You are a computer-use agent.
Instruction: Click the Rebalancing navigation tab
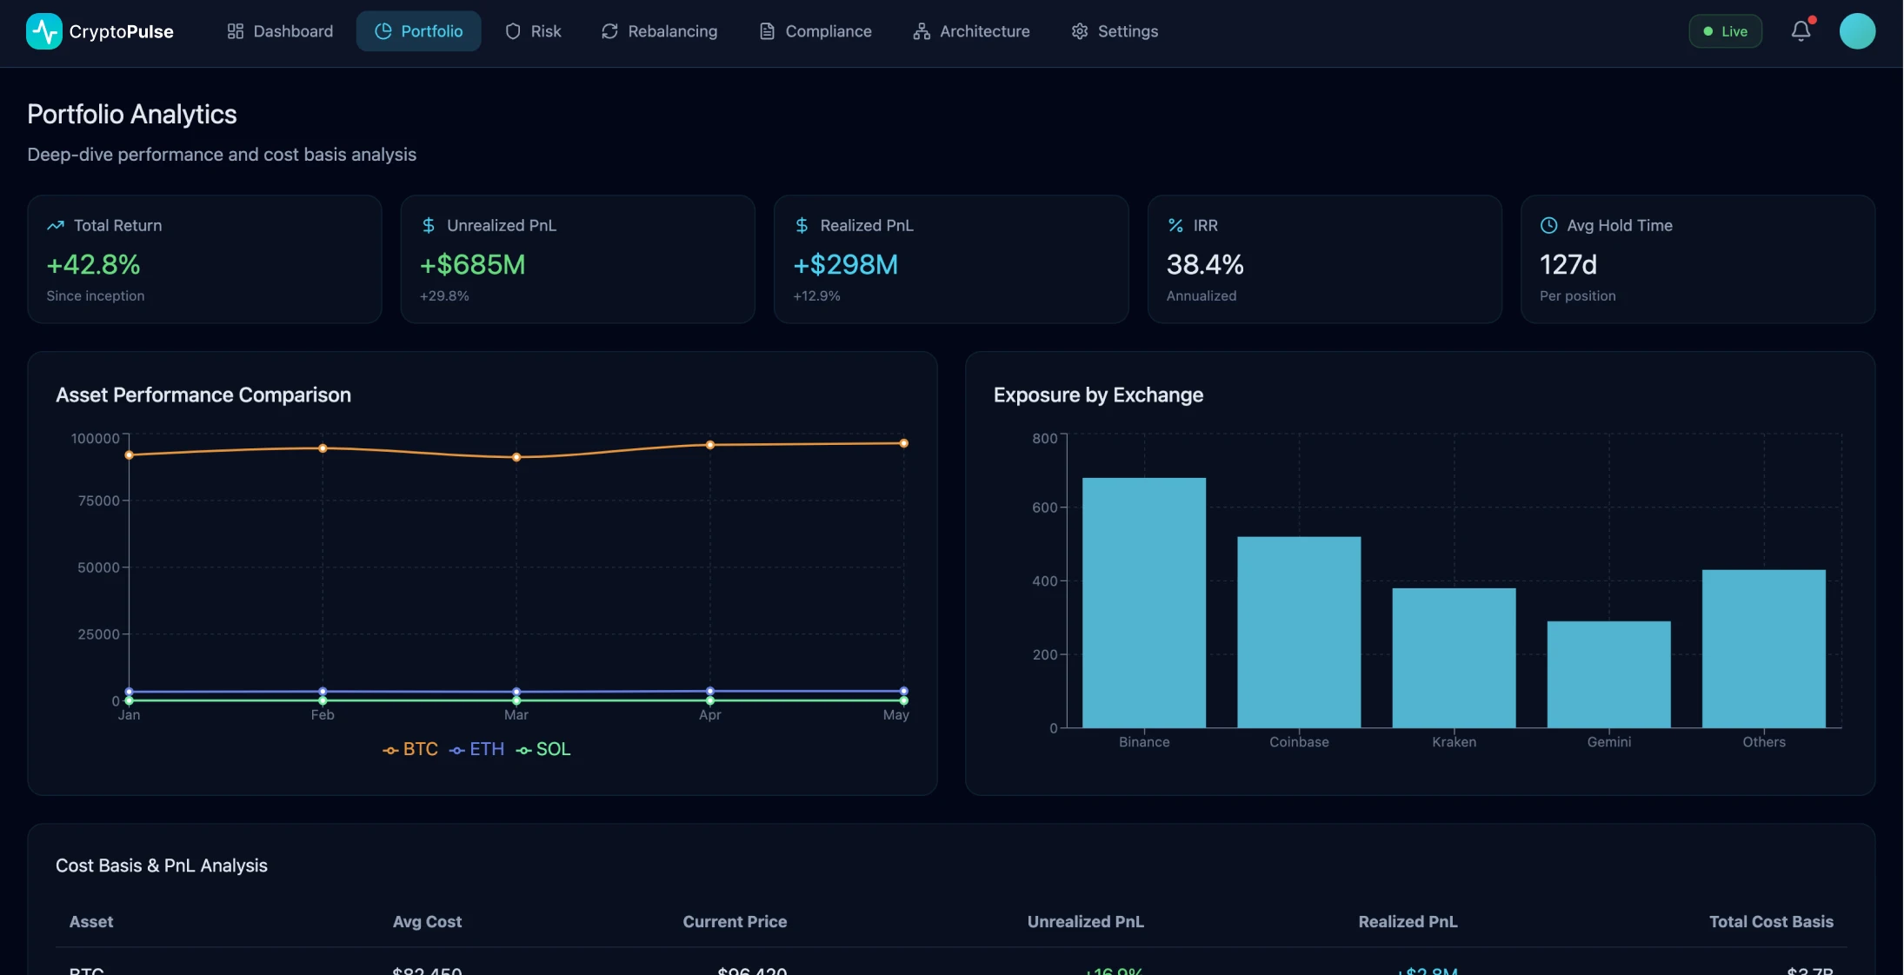[659, 31]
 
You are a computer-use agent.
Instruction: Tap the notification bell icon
[1801, 31]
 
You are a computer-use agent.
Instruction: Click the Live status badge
[1725, 31]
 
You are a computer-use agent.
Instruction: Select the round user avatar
[1857, 31]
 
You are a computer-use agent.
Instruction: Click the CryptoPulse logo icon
[43, 31]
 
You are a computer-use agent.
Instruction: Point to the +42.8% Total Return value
[93, 264]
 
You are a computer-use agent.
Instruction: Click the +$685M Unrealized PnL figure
[472, 264]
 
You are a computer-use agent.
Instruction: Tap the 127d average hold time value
[1568, 264]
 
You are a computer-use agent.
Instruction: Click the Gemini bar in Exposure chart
[1608, 674]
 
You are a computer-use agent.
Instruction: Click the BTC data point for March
[516, 457]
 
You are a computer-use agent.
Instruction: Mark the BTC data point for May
[903, 443]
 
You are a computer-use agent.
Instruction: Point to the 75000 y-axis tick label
[98, 501]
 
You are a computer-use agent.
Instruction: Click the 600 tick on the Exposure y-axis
[1044, 507]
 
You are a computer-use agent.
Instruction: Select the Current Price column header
[734, 921]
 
